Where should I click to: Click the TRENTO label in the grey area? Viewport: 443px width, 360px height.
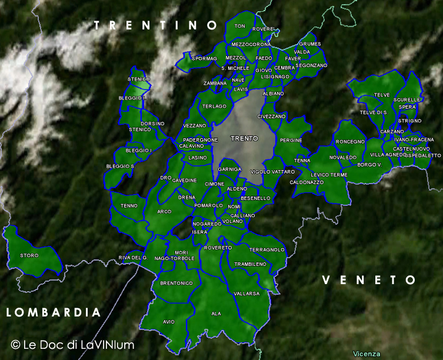244,138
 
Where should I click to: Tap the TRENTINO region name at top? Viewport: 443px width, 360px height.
156,25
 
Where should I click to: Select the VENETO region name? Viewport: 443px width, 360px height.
369,280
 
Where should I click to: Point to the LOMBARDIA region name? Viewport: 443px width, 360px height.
54,312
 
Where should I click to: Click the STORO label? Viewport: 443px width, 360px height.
29,255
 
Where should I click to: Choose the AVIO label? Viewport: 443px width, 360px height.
169,322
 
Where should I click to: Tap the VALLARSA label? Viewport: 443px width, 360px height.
247,293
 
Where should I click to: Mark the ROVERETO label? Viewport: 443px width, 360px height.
218,248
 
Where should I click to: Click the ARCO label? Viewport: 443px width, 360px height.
164,211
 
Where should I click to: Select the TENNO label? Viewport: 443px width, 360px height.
129,205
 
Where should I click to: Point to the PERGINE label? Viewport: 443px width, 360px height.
291,140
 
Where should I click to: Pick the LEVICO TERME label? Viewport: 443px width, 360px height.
329,175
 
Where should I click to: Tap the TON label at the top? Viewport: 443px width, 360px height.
239,26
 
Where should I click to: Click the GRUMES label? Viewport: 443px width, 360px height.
310,44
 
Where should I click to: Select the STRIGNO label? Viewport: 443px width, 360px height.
409,121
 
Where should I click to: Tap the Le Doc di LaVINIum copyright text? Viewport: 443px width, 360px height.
72,345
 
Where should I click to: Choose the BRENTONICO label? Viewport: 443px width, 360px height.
176,283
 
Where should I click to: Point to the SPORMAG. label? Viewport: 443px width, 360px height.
204,59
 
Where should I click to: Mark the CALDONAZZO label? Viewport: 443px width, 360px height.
307,182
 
